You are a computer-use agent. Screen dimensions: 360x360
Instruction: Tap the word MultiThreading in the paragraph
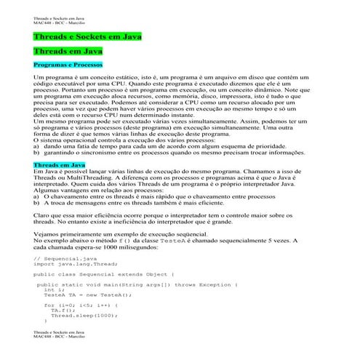tap(91, 178)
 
